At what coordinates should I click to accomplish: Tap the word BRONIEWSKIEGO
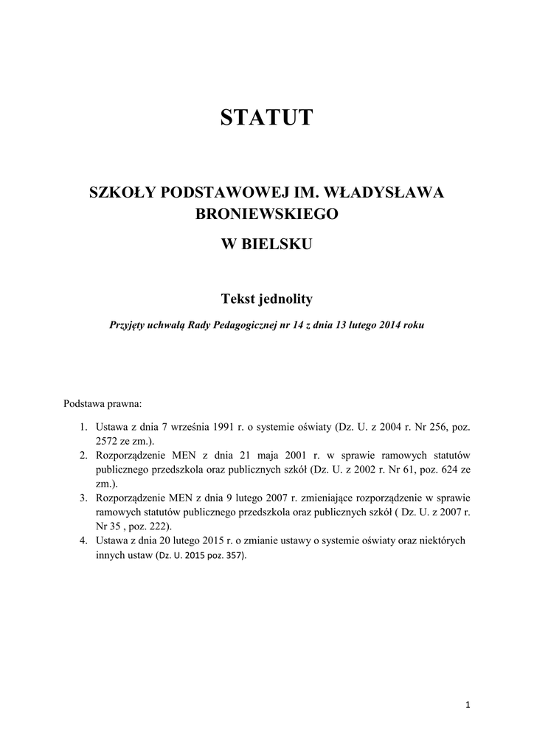pyautogui.click(x=266, y=215)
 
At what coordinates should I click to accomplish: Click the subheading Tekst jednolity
pyautogui.click(x=266, y=299)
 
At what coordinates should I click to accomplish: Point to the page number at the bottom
pyautogui.click(x=468, y=705)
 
